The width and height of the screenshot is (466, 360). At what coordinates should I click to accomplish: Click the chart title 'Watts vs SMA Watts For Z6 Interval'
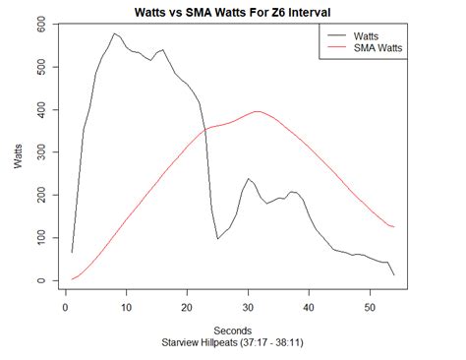pyautogui.click(x=232, y=12)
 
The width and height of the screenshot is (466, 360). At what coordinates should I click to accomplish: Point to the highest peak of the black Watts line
pyautogui.click(x=114, y=33)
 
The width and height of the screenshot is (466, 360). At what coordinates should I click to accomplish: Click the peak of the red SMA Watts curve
pyautogui.click(x=257, y=111)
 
